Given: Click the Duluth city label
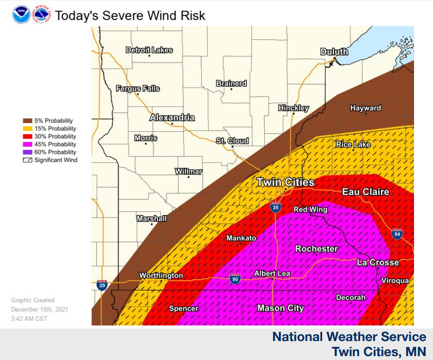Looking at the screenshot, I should [334, 52].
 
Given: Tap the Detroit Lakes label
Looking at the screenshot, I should [149, 50].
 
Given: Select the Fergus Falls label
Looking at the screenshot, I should [138, 89].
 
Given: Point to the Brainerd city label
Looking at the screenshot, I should [231, 84].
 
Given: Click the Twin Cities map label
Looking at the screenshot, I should [285, 182].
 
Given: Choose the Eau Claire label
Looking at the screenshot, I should [365, 192].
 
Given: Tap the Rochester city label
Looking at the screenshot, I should [316, 249].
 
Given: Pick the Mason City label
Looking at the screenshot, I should [280, 308].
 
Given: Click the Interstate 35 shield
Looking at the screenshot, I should [276, 208].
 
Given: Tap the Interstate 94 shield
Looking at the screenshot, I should [397, 234].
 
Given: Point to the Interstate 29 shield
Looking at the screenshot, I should [102, 285].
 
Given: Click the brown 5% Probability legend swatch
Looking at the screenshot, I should [27, 121].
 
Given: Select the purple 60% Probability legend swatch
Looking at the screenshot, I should [27, 152].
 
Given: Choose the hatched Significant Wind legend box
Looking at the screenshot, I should [27, 160].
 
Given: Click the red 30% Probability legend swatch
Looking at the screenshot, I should [27, 137].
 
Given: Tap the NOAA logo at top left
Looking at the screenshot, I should [21, 15].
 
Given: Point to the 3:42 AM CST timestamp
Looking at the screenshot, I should [29, 318].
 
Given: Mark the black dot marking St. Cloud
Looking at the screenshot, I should [232, 146].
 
